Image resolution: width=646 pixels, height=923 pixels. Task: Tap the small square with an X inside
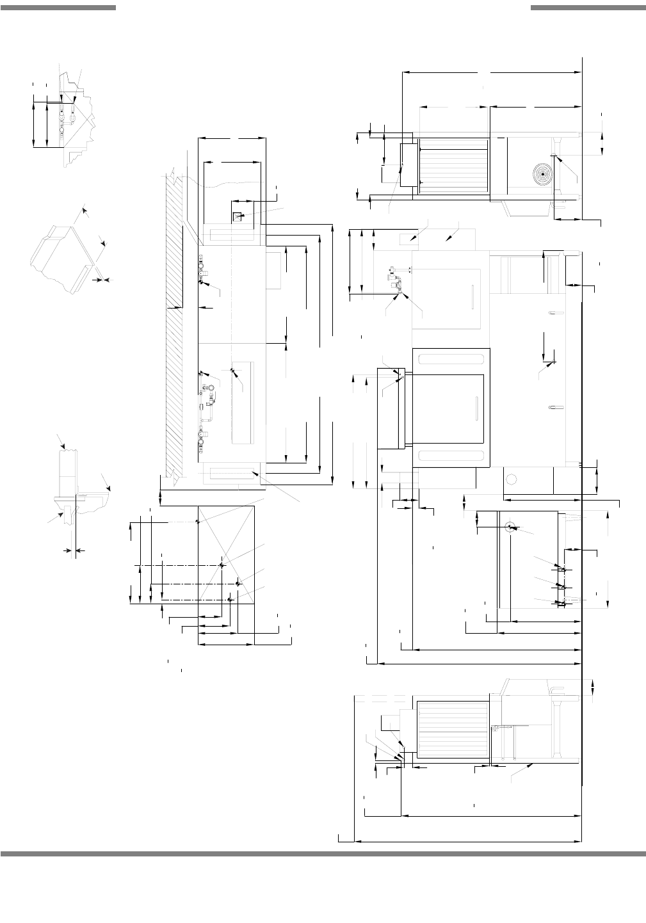coord(237,217)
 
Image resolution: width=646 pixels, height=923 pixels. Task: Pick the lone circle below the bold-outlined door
coord(512,478)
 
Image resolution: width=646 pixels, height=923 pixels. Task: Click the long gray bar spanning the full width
coord(323,853)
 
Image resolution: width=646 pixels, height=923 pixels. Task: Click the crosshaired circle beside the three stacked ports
coord(510,527)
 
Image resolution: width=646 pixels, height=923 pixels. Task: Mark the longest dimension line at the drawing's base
coord(468,841)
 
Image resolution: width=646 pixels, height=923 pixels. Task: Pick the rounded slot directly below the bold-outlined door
coord(451,455)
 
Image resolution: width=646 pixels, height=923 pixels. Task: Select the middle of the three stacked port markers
coord(560,586)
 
